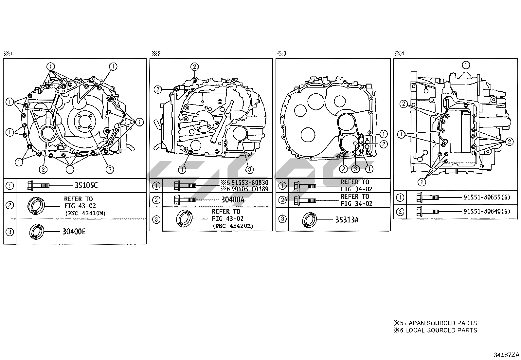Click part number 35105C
click(x=86, y=185)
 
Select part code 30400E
click(x=74, y=232)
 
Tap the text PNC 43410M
click(x=85, y=213)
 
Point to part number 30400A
click(x=233, y=199)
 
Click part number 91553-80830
click(x=250, y=182)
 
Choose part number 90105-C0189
click(x=250, y=189)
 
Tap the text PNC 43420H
click(x=233, y=226)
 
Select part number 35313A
click(x=347, y=220)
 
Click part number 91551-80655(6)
click(x=487, y=197)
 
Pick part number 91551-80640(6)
click(x=487, y=211)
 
